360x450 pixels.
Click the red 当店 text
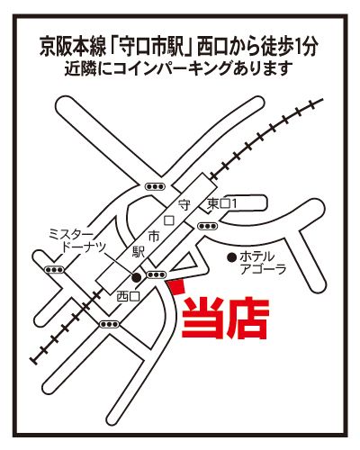click(225, 318)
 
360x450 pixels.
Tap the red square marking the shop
click(175, 287)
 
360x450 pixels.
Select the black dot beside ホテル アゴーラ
click(231, 256)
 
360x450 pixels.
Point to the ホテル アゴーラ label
click(257, 263)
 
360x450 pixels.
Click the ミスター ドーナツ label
click(77, 240)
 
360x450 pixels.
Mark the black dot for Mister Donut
click(137, 277)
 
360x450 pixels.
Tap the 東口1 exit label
click(222, 204)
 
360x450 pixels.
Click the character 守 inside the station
click(184, 205)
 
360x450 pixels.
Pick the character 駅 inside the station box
click(139, 252)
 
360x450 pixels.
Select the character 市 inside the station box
click(154, 237)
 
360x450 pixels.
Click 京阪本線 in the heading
click(73, 47)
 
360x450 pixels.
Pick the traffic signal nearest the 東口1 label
click(208, 226)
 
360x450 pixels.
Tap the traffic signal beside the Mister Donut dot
click(156, 274)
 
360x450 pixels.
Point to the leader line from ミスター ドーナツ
click(119, 263)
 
